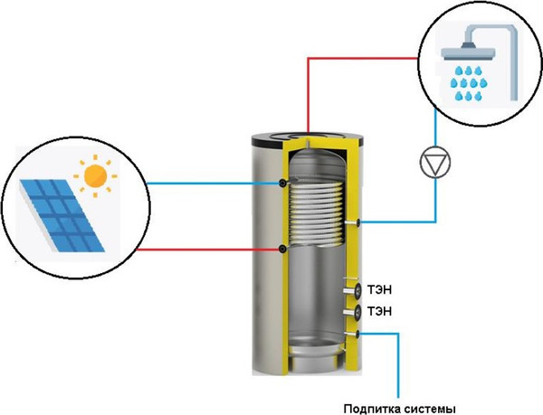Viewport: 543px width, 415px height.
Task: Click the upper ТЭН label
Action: tap(380, 290)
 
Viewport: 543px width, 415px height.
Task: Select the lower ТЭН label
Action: tap(380, 313)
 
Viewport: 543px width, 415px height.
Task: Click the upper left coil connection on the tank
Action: tap(284, 183)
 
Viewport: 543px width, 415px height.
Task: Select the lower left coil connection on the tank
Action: tap(284, 249)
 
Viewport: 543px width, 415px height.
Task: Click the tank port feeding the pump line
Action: tap(359, 222)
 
